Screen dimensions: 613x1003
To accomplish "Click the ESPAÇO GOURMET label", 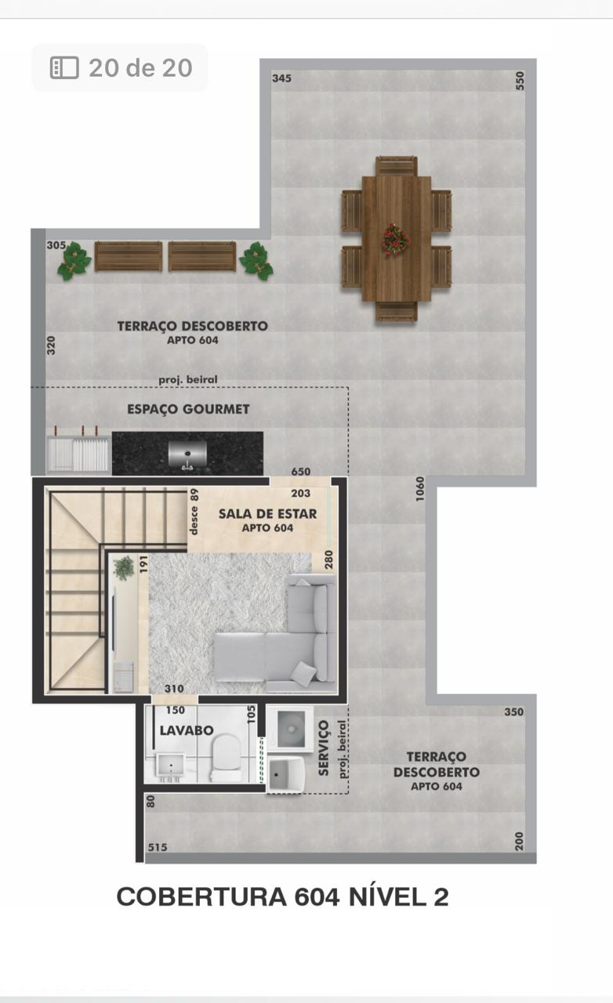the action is tap(188, 409).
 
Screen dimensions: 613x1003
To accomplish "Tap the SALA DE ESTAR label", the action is tap(267, 513).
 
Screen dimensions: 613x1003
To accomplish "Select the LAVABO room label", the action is tap(187, 730).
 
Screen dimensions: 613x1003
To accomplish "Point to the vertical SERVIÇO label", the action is tap(324, 748).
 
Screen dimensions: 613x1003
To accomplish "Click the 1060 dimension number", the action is tap(419, 489).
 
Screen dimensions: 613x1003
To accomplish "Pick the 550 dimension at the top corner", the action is tap(520, 81).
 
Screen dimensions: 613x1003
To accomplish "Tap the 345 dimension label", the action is tap(282, 78).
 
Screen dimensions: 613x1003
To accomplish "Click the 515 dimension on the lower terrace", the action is tap(158, 847).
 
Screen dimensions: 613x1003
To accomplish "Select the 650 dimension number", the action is tap(301, 472).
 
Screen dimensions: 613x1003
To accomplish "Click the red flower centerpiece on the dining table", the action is tap(396, 240).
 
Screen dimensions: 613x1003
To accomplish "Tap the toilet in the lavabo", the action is tap(226, 759).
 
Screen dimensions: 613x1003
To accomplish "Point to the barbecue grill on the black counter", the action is tap(187, 454).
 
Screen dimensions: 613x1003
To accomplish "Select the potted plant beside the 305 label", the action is tap(74, 262).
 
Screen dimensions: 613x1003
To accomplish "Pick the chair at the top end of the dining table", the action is tap(396, 165).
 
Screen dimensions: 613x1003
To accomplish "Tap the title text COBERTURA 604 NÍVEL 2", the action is tap(282, 897).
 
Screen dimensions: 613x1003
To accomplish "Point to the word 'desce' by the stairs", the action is tap(194, 520).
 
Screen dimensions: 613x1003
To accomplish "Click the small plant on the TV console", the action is tap(124, 568).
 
